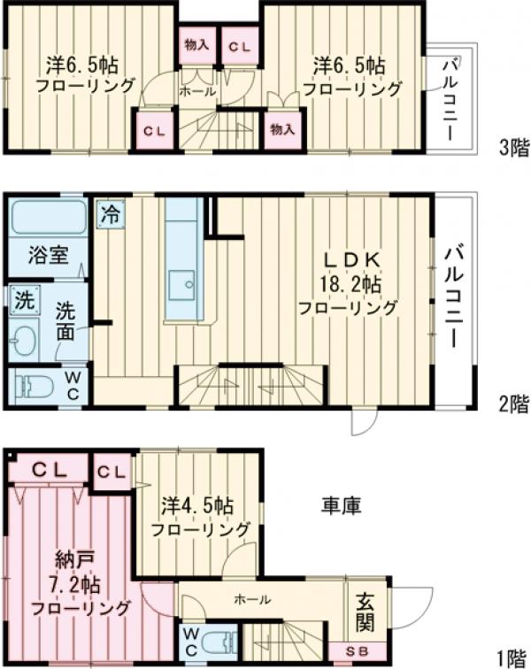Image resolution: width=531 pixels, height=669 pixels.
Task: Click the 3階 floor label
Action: tap(512, 148)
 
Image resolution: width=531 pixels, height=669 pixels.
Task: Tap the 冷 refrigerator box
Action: tap(110, 213)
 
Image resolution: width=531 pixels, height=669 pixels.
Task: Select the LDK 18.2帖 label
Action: tap(349, 283)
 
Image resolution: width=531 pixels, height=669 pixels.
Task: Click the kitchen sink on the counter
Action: tap(187, 283)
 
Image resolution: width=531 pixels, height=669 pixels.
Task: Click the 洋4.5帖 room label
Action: tap(198, 519)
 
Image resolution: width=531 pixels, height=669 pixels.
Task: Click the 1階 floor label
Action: tap(512, 657)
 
